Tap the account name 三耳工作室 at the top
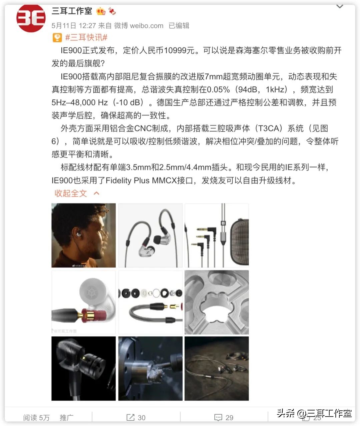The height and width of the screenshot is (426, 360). [x=72, y=11]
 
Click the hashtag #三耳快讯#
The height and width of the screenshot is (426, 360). [x=86, y=37]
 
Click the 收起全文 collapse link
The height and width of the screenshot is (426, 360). [x=71, y=193]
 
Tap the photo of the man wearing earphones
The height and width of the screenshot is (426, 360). [x=84, y=235]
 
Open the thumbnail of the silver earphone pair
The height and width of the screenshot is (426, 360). [x=150, y=235]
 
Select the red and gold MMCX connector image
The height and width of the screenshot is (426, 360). [x=84, y=302]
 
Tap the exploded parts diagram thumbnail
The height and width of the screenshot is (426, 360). [x=150, y=302]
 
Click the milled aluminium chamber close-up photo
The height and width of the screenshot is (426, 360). [x=217, y=302]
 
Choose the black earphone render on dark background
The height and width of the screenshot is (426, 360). [x=84, y=368]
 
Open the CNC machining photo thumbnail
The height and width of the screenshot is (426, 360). [x=150, y=368]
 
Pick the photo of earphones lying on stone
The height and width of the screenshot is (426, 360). [x=217, y=368]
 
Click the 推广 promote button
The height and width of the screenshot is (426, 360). [x=66, y=417]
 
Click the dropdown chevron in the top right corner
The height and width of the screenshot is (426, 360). [x=340, y=7]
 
